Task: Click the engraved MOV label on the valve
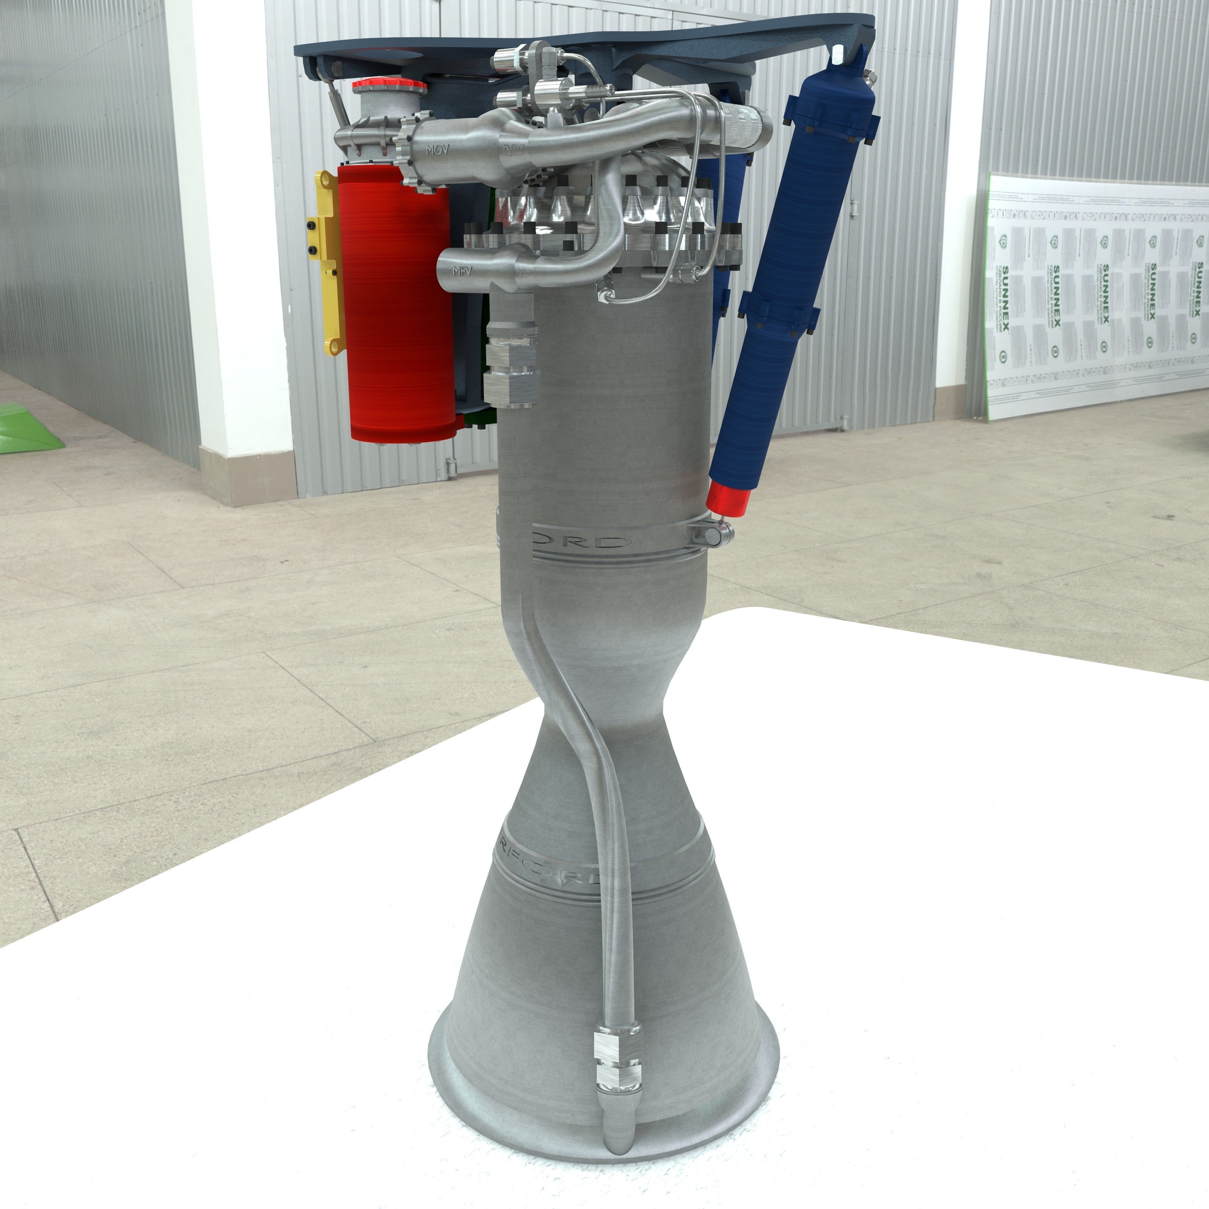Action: [x=438, y=150]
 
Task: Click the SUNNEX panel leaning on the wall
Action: [x=1095, y=294]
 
